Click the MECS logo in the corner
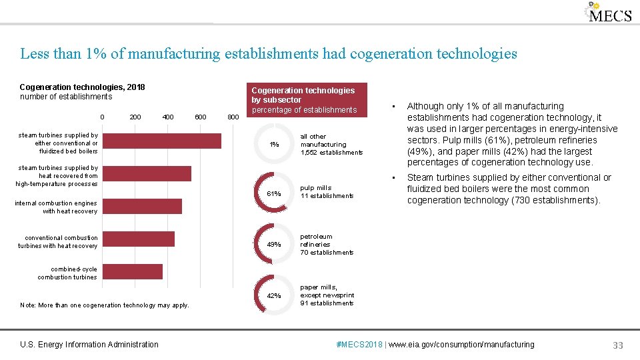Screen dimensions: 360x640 point(608,13)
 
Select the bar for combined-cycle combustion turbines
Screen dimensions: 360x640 point(133,271)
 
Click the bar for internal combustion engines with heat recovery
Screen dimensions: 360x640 point(143,206)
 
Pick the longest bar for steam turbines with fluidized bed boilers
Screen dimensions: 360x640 point(162,141)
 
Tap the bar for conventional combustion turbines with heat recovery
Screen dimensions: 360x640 point(139,239)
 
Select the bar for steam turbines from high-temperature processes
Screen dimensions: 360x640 point(147,173)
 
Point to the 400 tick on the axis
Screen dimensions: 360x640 point(168,117)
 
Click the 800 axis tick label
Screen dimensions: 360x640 point(233,117)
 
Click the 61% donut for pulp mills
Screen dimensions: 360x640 point(274,193)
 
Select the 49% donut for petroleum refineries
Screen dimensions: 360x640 point(274,245)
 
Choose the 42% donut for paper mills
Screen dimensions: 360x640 point(274,295)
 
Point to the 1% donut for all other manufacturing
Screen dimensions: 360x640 point(274,144)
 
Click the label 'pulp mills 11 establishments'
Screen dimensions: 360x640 point(327,192)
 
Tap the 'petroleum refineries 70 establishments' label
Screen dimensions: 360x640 point(327,245)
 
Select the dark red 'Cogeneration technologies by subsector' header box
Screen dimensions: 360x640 point(303,100)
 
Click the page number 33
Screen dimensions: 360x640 point(618,345)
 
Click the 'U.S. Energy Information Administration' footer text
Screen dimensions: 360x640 point(89,345)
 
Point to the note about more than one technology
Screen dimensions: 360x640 point(105,305)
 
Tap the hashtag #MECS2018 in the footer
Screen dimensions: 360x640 point(360,345)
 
